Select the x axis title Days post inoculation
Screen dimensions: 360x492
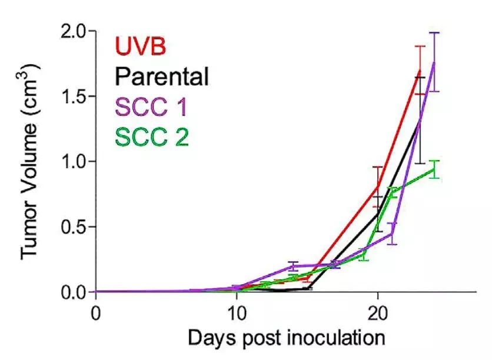(286, 338)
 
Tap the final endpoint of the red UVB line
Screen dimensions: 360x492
(420, 70)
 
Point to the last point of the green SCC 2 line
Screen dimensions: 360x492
(434, 169)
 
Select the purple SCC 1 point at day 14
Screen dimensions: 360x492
(293, 266)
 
